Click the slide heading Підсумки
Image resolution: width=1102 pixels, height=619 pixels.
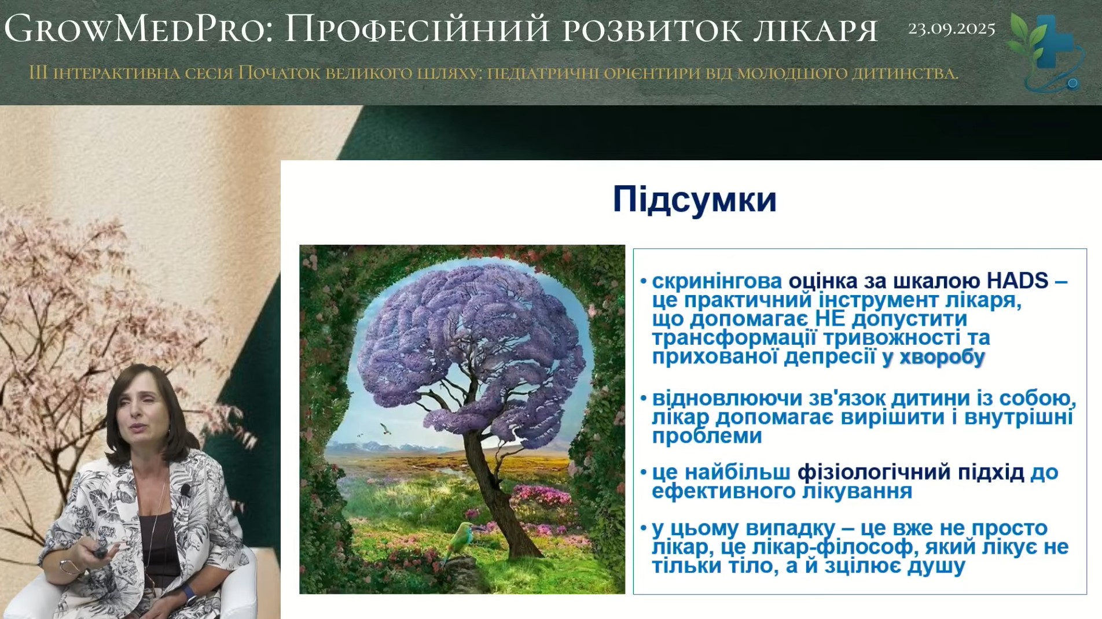click(695, 200)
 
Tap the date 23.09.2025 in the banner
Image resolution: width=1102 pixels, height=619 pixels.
click(952, 28)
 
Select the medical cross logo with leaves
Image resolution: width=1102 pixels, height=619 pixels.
click(1045, 52)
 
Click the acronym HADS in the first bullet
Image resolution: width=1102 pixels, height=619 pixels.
click(1017, 281)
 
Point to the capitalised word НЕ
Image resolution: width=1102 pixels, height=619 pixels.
click(831, 319)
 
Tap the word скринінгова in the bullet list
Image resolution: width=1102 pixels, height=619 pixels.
click(717, 281)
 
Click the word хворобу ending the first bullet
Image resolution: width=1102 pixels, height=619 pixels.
click(942, 358)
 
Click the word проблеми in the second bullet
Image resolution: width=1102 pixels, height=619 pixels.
click(707, 437)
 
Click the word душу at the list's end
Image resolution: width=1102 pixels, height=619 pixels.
click(936, 566)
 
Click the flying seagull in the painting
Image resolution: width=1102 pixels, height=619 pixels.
click(383, 428)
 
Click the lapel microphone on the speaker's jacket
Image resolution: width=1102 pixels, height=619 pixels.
click(185, 491)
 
